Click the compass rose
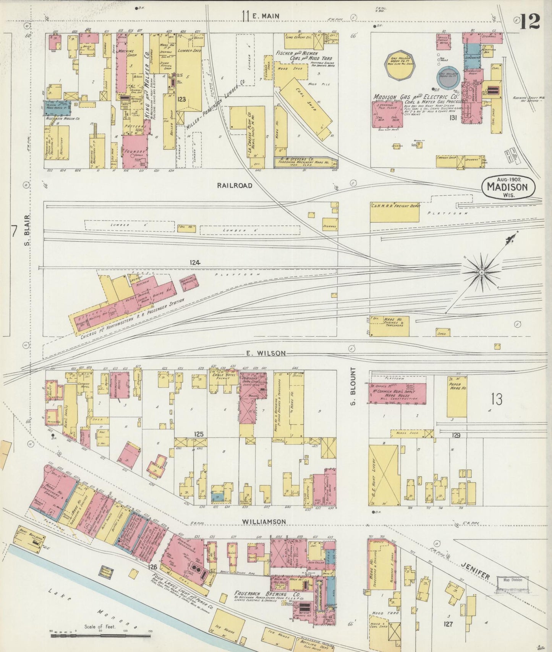point(481,272)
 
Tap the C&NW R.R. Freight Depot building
point(394,212)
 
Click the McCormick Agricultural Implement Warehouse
point(397,394)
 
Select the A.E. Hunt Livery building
point(383,475)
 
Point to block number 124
point(195,262)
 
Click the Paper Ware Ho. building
point(457,397)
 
